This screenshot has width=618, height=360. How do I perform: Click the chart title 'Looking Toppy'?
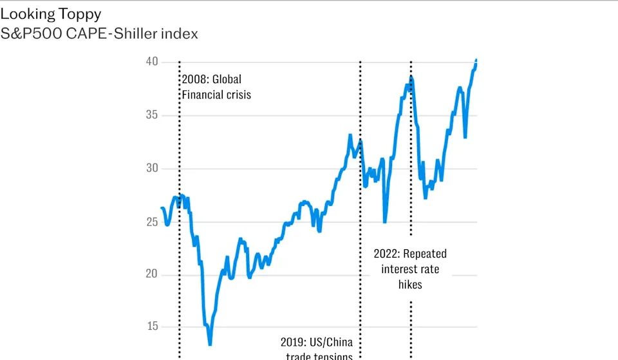[51, 14]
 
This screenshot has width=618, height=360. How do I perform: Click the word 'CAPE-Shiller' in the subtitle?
[116, 33]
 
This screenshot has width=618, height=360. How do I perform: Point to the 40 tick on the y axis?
[151, 62]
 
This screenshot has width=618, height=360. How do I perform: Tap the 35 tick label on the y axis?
[151, 115]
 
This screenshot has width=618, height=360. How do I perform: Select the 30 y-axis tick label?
[151, 169]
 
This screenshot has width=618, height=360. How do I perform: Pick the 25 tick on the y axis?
[151, 222]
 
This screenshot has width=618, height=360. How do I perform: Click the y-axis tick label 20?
[151, 275]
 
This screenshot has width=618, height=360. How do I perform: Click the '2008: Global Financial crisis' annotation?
[215, 87]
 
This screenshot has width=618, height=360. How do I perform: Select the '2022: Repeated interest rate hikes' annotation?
[410, 269]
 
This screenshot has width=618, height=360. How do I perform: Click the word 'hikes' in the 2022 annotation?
[410, 284]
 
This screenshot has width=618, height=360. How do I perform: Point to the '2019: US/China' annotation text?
[317, 342]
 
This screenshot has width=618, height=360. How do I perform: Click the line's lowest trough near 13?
[210, 345]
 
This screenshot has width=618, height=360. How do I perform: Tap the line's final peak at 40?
[476, 60]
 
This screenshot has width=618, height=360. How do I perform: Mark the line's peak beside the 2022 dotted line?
[411, 77]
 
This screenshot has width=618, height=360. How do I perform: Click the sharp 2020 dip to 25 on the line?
[385, 222]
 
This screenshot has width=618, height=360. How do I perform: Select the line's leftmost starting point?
[161, 208]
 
